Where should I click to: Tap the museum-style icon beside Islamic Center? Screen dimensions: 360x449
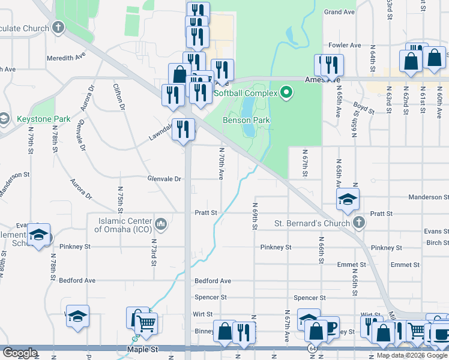point(161,224)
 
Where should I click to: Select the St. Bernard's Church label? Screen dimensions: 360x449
point(312,224)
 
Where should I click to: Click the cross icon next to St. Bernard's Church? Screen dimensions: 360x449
point(359,223)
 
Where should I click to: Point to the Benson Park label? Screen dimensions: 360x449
point(246,120)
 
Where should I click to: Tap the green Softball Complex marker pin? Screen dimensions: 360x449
point(286,92)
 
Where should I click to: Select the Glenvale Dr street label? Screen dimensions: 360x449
point(164,179)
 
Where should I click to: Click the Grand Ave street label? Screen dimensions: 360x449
point(339,12)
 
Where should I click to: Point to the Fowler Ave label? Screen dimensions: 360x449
point(345,45)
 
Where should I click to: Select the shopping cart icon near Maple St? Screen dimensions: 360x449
point(146,325)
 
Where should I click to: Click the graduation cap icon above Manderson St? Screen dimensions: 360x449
point(348,200)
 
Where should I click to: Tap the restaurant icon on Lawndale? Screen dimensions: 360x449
point(183,129)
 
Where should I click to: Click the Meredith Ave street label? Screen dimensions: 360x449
point(67,58)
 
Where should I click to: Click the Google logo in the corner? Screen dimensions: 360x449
point(20,353)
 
